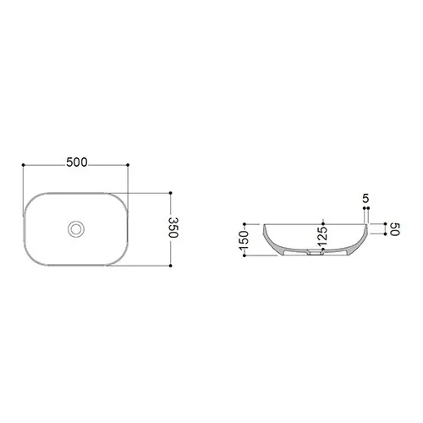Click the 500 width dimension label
(77, 162)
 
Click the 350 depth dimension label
(173, 228)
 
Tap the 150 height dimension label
(244, 240)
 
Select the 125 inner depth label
(322, 236)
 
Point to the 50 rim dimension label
(395, 229)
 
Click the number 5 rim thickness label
(365, 199)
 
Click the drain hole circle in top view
(76, 229)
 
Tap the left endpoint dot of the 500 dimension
(23, 165)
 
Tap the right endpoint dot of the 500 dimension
(128, 165)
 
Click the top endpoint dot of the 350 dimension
(170, 193)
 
